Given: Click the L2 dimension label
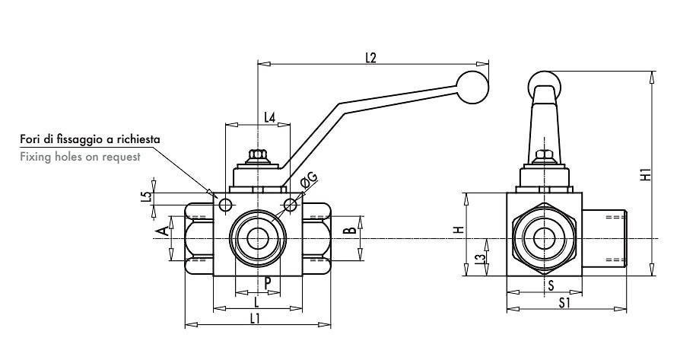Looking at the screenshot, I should point(371,57).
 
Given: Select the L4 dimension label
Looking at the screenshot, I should point(269,117).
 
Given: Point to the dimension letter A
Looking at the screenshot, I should point(160,230).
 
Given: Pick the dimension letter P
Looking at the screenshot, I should point(269,282).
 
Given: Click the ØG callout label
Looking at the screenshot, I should point(310,180).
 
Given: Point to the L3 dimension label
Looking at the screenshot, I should point(478,261).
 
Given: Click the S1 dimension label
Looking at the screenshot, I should point(565,303).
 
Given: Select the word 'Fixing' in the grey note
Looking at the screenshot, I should point(33,157).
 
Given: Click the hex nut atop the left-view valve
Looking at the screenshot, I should point(258,155).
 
